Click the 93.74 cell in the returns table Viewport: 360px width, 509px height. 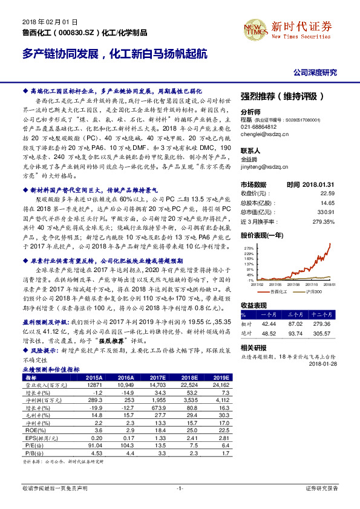pos(295,332)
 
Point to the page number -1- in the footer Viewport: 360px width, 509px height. pos(180,487)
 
